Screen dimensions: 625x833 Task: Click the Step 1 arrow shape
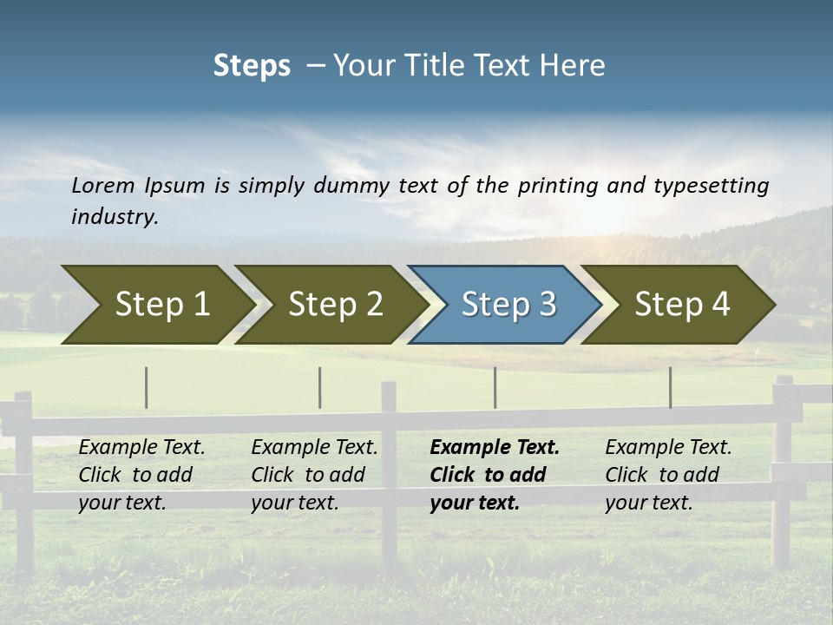(156, 304)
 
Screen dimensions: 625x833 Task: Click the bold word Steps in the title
(252, 66)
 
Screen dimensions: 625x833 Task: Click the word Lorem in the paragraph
(103, 185)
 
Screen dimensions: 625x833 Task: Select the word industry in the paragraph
(115, 216)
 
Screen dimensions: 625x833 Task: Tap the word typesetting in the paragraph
(711, 185)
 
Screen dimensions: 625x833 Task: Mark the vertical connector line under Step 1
(147, 387)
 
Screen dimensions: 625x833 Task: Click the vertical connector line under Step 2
(320, 387)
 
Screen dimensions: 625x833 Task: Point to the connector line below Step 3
(495, 387)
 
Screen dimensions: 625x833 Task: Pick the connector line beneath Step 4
(671, 387)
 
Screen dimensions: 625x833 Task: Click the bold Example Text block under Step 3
(495, 475)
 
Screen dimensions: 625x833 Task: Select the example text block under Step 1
(141, 475)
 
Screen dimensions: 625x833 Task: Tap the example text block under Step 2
(314, 475)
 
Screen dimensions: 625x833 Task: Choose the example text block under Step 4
(668, 475)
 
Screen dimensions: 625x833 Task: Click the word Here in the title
(571, 66)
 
